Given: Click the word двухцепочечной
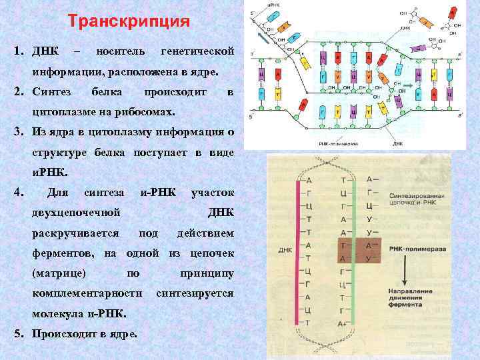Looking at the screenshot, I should (76, 213).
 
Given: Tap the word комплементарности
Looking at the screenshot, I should (87, 293).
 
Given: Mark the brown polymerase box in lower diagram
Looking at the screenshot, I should (358, 251).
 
